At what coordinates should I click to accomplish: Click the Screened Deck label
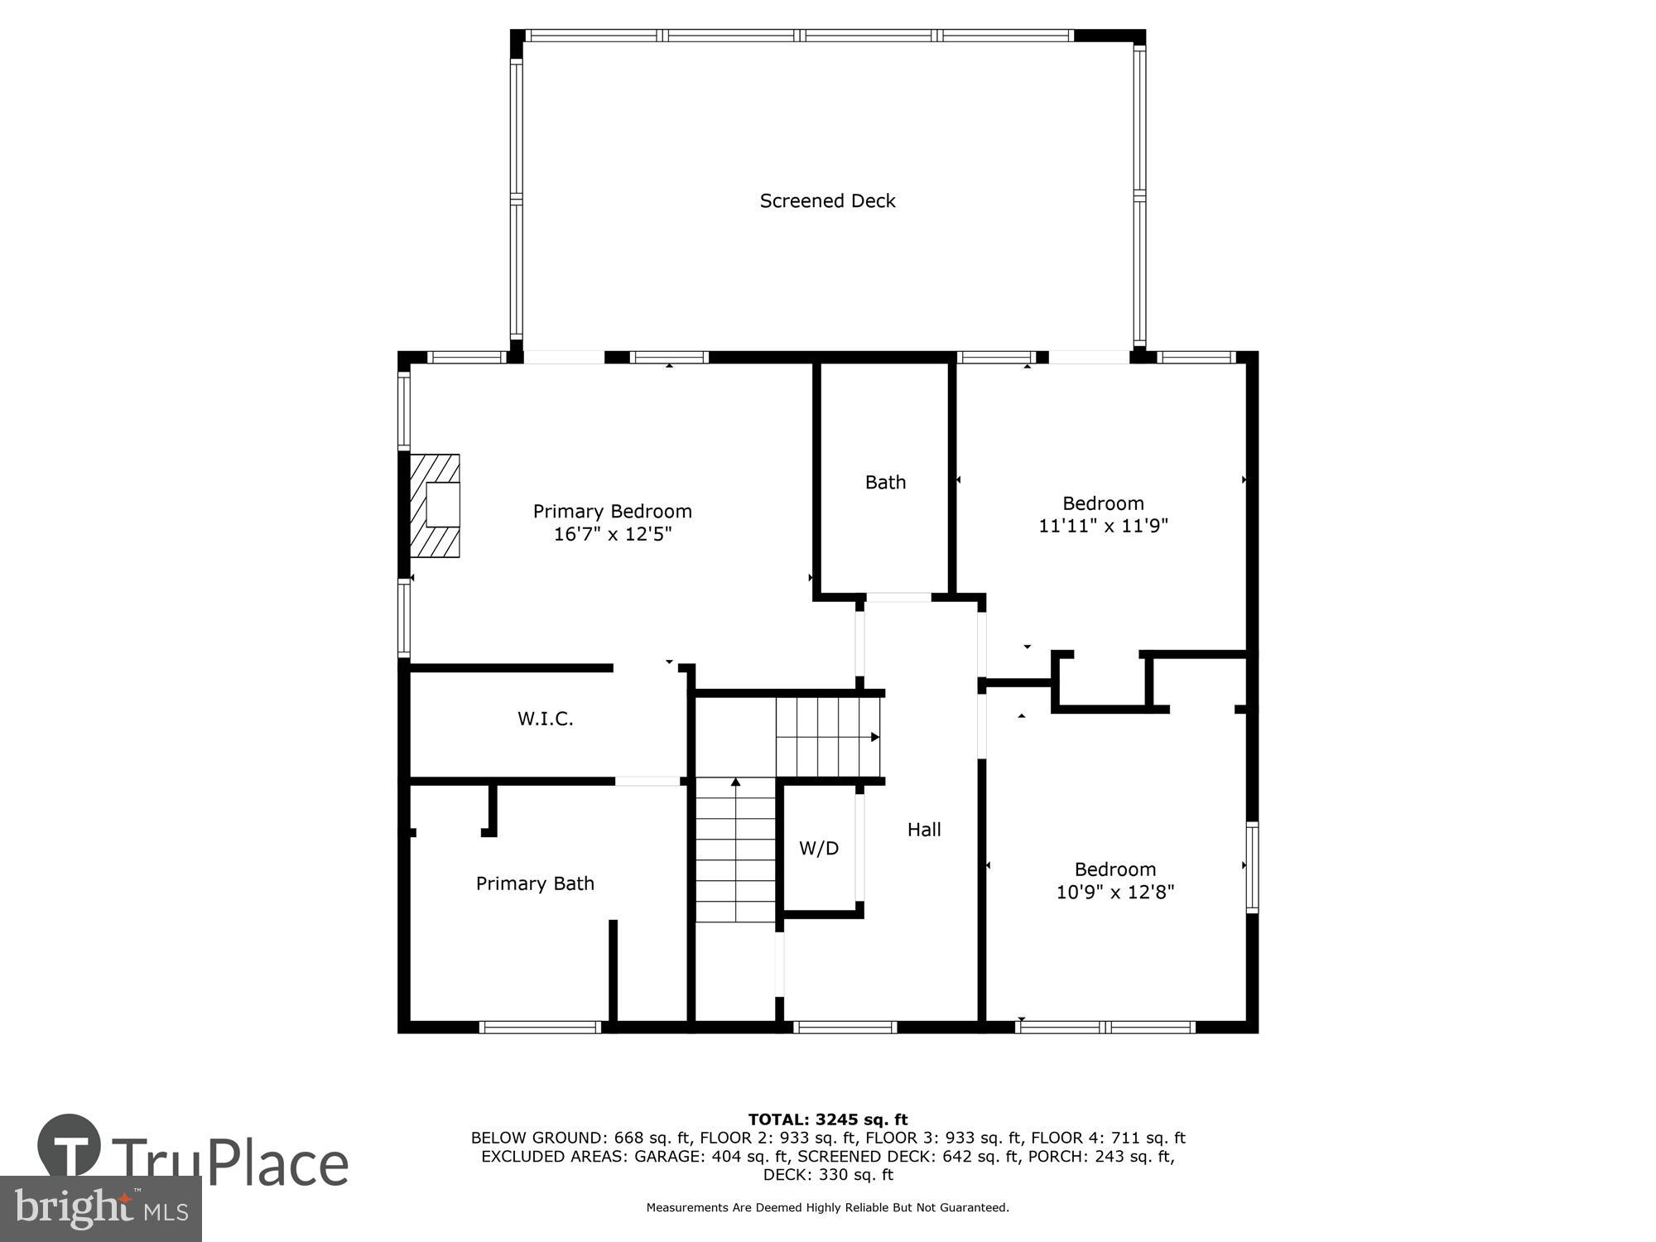pos(827,201)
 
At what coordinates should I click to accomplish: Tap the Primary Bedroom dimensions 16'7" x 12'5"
pos(612,534)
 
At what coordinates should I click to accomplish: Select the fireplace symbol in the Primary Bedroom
pos(436,505)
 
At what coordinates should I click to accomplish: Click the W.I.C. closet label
pos(545,719)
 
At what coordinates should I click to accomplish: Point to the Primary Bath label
pos(535,883)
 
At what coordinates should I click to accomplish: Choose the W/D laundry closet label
pos(818,849)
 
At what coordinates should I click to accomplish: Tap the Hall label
pos(924,830)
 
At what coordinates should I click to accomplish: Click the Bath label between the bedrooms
pos(885,483)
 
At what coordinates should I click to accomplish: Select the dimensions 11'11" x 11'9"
pos(1103,526)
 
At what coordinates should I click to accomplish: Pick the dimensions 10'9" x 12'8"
pos(1114,893)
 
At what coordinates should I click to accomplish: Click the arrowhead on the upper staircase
pos(874,737)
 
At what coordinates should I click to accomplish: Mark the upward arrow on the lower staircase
pos(735,782)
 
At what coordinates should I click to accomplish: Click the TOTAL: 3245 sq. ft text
pos(827,1120)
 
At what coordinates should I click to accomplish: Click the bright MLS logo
pos(101,1210)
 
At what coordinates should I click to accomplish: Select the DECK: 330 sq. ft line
pos(827,1175)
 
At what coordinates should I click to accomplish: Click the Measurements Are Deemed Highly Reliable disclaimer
pos(827,1208)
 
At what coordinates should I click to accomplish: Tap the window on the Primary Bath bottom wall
pos(540,1028)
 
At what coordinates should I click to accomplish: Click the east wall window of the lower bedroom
pos(1252,868)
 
